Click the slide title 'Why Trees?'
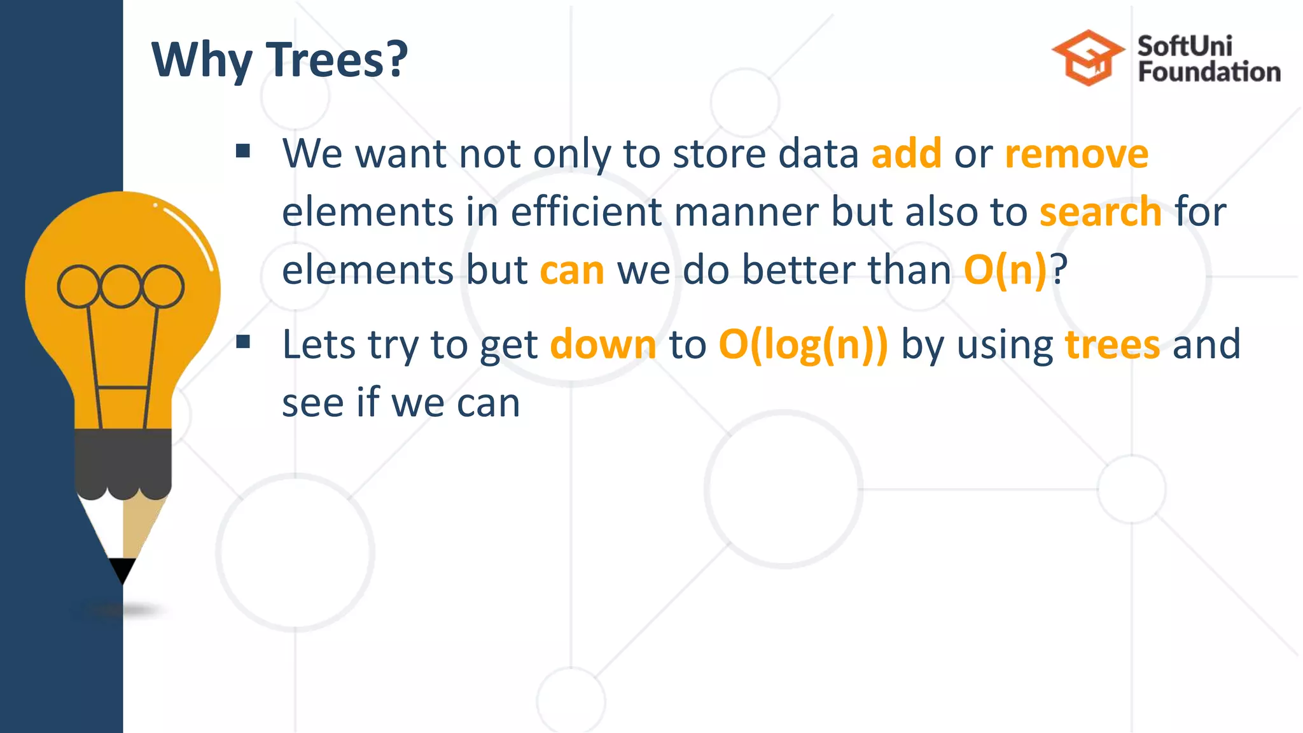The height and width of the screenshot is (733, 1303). pyautogui.click(x=279, y=60)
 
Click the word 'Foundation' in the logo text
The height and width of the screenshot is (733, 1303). pyautogui.click(x=1209, y=72)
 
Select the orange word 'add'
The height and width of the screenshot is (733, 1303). pyautogui.click(x=906, y=154)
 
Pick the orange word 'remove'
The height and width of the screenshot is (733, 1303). pyautogui.click(x=1077, y=154)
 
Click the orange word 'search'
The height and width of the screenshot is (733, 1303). pyautogui.click(x=1101, y=212)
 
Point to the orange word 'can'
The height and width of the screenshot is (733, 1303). pyautogui.click(x=572, y=270)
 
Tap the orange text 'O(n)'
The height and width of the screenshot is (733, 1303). pyautogui.click(x=1005, y=270)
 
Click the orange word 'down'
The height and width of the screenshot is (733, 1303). pyautogui.click(x=603, y=345)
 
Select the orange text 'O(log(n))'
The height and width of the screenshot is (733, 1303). pyautogui.click(x=803, y=345)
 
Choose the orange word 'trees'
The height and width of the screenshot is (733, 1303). pyautogui.click(x=1112, y=345)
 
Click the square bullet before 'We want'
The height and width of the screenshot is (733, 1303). pyautogui.click(x=242, y=151)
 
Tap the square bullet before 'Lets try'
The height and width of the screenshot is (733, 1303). pyautogui.click(x=242, y=342)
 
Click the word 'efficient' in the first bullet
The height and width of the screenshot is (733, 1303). pyautogui.click(x=586, y=212)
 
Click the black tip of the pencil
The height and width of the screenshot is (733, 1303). pyautogui.click(x=122, y=569)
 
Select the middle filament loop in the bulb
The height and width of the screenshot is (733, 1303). pyautogui.click(x=120, y=286)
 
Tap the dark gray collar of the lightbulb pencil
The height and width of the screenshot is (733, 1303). pyautogui.click(x=123, y=461)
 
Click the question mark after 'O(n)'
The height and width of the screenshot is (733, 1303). pyautogui.click(x=1059, y=270)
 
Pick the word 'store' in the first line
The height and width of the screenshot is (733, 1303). pyautogui.click(x=719, y=154)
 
